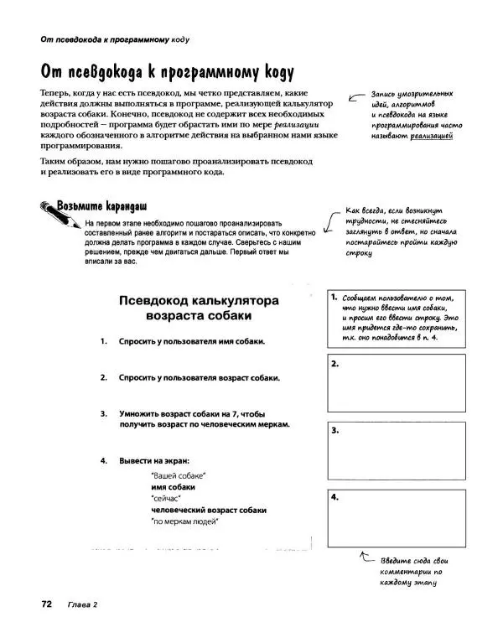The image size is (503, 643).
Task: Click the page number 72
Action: tap(45, 604)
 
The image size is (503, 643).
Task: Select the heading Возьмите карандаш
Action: tap(102, 205)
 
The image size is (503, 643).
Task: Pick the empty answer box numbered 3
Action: tap(397, 451)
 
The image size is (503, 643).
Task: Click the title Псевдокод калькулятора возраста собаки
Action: tap(200, 309)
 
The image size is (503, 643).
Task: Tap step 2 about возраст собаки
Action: tap(198, 378)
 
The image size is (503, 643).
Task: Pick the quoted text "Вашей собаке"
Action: tap(179, 476)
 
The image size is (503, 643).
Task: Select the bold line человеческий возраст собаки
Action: tap(209, 510)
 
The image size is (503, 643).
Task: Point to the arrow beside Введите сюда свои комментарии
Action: tap(365, 557)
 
